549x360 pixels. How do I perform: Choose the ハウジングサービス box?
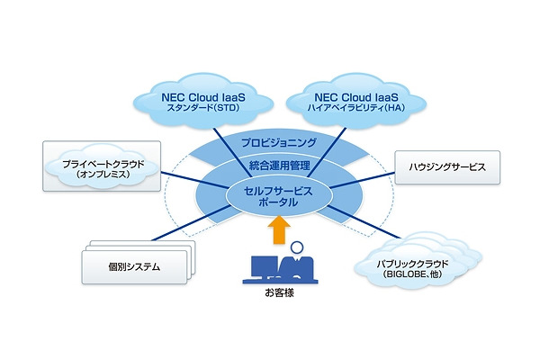(446, 166)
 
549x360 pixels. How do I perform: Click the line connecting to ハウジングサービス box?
(369, 178)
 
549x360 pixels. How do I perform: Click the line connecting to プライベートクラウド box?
(193, 180)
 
